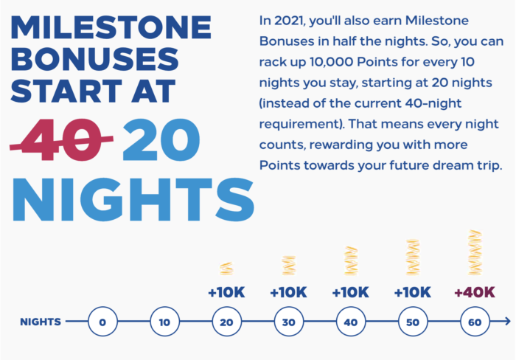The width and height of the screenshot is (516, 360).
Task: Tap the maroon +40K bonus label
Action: tap(475, 292)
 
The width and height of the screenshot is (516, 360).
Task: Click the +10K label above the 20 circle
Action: tap(226, 292)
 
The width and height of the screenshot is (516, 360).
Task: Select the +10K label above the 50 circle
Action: tap(413, 292)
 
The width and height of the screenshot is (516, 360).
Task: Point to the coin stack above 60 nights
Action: tap(475, 252)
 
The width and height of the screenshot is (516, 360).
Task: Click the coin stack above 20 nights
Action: tap(226, 269)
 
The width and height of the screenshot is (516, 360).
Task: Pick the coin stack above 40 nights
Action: tap(351, 260)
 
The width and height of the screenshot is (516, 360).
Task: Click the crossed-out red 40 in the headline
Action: tap(61, 139)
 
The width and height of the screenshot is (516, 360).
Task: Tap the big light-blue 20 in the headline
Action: tap(161, 139)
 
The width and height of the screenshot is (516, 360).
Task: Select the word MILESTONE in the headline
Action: tap(111, 27)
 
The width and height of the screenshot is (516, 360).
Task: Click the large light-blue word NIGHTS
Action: tap(133, 199)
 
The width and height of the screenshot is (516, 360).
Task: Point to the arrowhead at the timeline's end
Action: tap(508, 321)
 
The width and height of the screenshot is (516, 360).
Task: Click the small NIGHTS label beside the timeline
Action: tap(41, 322)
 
